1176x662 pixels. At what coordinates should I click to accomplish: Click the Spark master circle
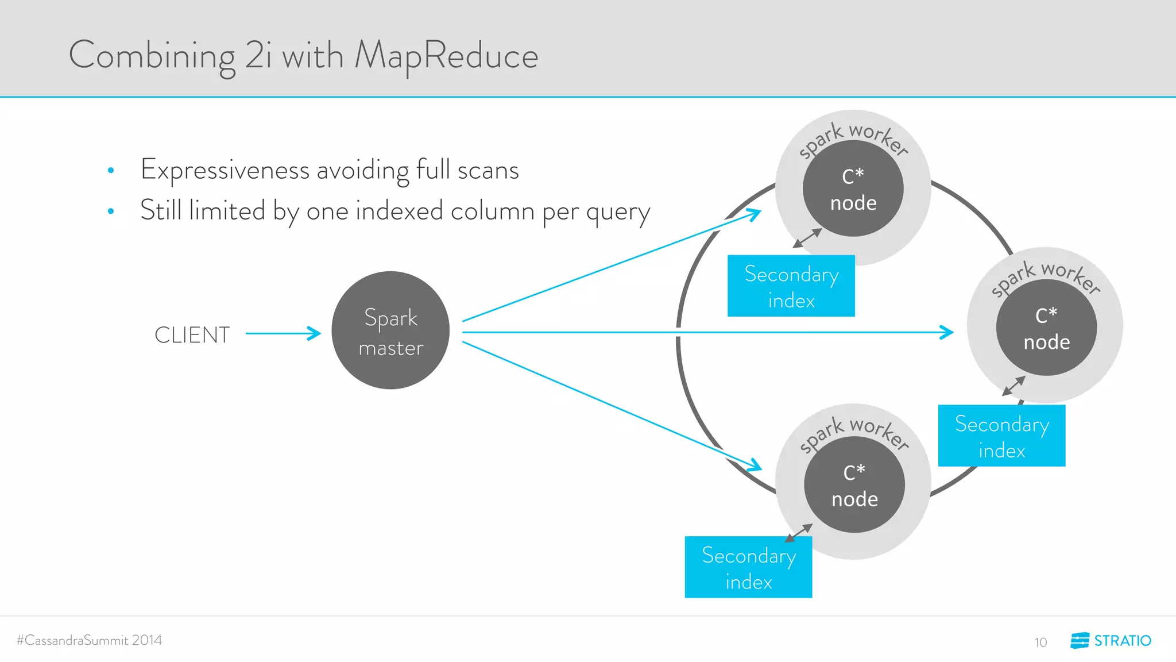point(390,330)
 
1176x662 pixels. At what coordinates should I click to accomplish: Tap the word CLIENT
point(192,335)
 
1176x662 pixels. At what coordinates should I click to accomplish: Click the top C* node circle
point(853,188)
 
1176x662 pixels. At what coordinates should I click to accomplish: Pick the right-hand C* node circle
point(1046,328)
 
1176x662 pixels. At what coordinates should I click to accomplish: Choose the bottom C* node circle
point(854,484)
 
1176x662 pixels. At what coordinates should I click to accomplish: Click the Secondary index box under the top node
point(791,286)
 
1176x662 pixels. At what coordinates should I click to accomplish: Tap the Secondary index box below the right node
point(1001,436)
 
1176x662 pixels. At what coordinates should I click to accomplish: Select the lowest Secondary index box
point(748,568)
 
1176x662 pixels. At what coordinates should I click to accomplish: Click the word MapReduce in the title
point(446,56)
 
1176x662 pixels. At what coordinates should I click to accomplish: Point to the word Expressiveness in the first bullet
point(225,170)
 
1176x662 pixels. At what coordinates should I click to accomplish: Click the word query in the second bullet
point(618,211)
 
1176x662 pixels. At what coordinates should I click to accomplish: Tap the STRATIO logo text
point(1122,641)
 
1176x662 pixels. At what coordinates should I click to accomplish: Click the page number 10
point(1040,642)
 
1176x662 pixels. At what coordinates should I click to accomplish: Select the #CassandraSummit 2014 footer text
point(90,640)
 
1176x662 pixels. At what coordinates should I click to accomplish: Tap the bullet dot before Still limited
point(111,211)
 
